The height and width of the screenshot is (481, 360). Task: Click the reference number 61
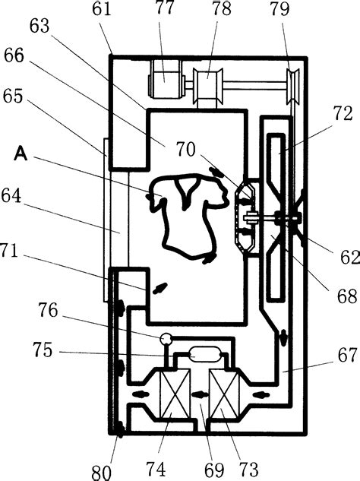(102, 8)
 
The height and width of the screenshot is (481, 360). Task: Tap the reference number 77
(165, 8)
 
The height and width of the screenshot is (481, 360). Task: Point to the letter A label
(21, 153)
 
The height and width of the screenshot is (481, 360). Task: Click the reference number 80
(101, 472)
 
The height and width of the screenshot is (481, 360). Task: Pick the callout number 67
(348, 355)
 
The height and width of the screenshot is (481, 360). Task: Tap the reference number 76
(48, 310)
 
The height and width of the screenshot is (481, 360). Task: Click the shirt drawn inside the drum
(188, 215)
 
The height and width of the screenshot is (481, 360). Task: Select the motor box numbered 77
(166, 79)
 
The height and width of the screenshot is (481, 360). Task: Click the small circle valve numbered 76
(166, 338)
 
